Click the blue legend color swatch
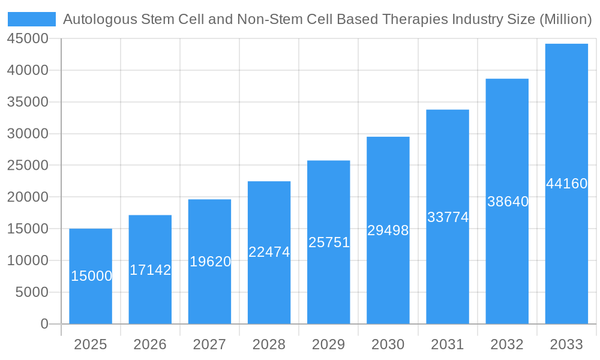31,19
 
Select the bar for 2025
91,300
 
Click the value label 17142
151,270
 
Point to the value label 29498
388,230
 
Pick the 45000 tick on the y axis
28,38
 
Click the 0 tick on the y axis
44,324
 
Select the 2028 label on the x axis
269,344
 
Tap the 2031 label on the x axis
448,344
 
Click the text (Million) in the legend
566,19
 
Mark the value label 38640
508,202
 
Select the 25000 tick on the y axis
28,165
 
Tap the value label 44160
567,184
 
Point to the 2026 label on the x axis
150,344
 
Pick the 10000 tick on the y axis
28,260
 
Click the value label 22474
269,252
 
